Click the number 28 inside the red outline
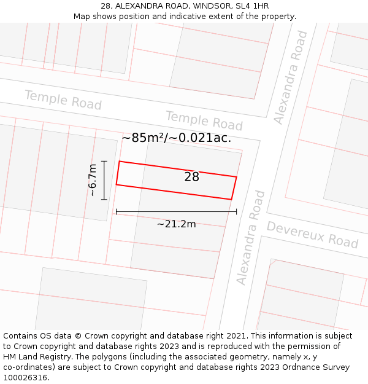191,177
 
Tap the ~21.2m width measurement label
176,224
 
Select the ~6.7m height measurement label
93,180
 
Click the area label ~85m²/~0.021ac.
176,138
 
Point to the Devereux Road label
312,235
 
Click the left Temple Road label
63,100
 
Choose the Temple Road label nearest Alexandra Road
204,121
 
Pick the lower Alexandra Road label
251,238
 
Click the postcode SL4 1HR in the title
250,6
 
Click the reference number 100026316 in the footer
26,378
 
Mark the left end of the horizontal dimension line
116,212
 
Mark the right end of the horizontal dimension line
236,212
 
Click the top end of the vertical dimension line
104,161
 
